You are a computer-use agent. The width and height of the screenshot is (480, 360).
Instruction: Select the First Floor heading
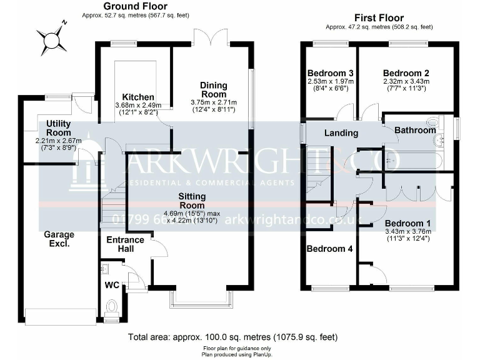tap(379, 18)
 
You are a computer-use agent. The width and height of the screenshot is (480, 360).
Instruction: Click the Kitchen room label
tap(138, 97)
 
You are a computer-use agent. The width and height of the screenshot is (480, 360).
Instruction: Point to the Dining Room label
tap(213, 89)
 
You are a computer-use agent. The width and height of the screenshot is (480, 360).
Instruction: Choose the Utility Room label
tap(58, 128)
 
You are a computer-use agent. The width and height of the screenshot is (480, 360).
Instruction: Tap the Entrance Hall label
tap(125, 244)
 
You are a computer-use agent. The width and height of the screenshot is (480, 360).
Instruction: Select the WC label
tap(111, 285)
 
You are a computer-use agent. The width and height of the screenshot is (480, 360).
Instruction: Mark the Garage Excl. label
tap(59, 239)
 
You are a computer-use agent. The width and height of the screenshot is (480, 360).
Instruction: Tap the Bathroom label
tap(414, 130)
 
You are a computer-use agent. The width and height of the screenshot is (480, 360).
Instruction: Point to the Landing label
tap(341, 132)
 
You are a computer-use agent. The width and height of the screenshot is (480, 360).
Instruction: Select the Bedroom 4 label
tap(329, 249)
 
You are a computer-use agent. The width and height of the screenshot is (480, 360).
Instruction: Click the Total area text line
tap(232, 337)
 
